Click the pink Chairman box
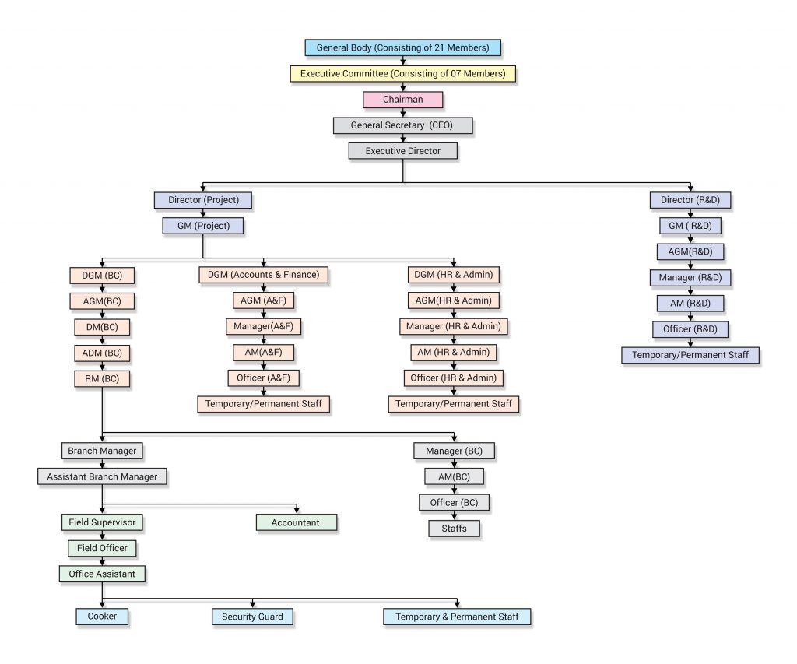pyautogui.click(x=402, y=100)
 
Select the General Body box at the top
pyautogui.click(x=402, y=47)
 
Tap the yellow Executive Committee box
pyautogui.click(x=402, y=74)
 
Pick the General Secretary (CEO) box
pyautogui.click(x=402, y=125)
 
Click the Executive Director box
pyautogui.click(x=402, y=151)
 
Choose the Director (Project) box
pyautogui.click(x=203, y=200)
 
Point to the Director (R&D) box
pyautogui.click(x=690, y=200)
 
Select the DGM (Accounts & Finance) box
pyautogui.click(x=264, y=275)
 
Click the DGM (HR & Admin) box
pyautogui.click(x=454, y=275)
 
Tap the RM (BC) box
pyautogui.click(x=102, y=379)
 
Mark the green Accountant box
pyautogui.click(x=296, y=522)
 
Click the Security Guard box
pyautogui.click(x=252, y=617)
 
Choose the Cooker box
pyautogui.click(x=102, y=617)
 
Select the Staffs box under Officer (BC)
pyautogui.click(x=454, y=529)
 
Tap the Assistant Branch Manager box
pyautogui.click(x=102, y=476)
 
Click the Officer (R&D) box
pyautogui.click(x=690, y=329)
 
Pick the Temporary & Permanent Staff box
pyautogui.click(x=457, y=617)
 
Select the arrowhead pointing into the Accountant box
pyautogui.click(x=296, y=510)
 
